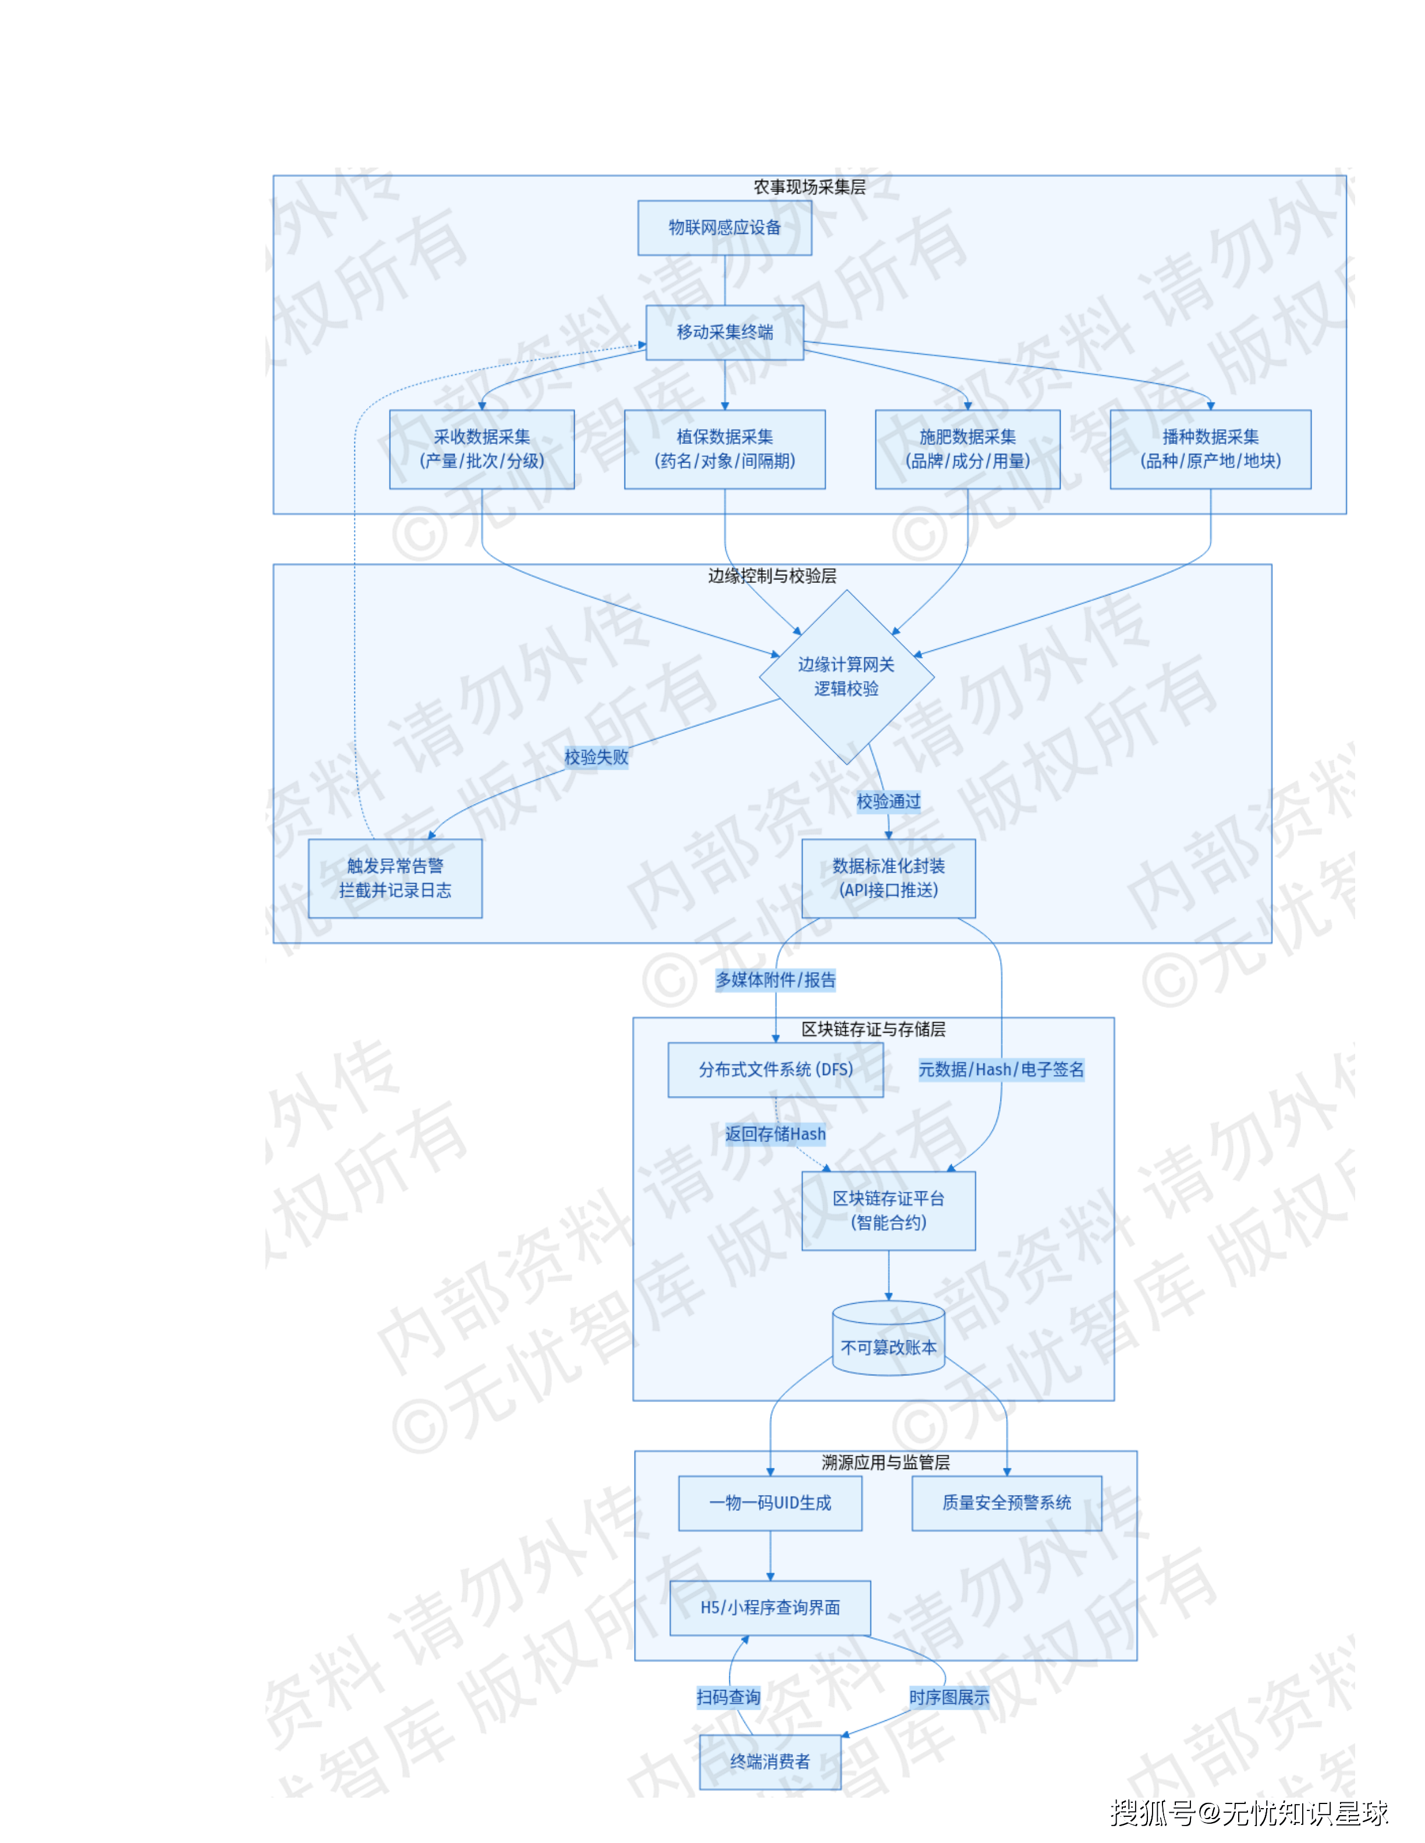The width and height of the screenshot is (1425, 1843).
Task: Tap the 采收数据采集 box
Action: [x=481, y=449]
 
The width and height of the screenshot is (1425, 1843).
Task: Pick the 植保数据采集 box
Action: [x=724, y=449]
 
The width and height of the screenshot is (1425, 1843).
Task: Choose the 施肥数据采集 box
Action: [x=967, y=449]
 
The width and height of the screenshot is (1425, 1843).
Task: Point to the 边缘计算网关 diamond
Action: [x=846, y=677]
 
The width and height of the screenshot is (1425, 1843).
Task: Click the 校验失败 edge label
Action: [x=596, y=757]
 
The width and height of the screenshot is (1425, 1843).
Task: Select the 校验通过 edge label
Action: [x=888, y=801]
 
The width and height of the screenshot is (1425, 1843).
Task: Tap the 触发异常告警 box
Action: [x=395, y=878]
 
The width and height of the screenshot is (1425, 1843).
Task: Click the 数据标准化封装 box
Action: [x=888, y=878]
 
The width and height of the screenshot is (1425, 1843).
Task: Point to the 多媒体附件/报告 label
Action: [x=775, y=980]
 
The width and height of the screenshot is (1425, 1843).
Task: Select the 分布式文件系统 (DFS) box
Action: [x=775, y=1069]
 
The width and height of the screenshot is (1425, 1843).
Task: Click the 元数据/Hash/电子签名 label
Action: [x=1001, y=1069]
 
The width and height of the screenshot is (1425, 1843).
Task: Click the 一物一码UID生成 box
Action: [x=770, y=1503]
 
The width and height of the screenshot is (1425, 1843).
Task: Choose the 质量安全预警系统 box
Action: [x=1006, y=1503]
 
